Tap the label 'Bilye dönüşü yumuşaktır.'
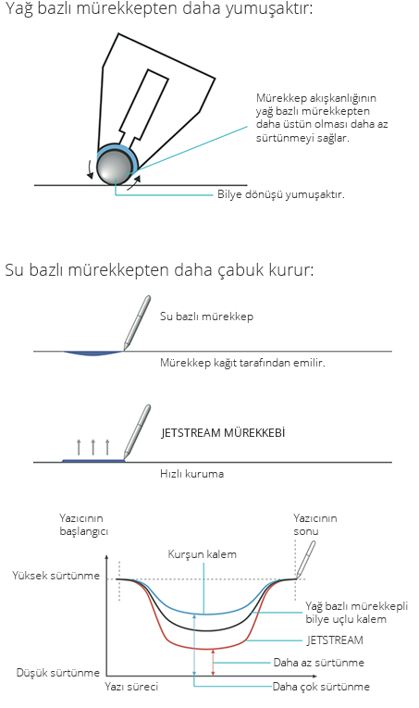click(280, 194)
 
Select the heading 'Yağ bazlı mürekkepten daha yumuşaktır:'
click(159, 9)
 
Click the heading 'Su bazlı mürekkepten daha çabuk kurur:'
click(159, 270)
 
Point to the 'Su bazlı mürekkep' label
click(206, 317)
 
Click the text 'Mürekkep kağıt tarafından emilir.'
click(242, 363)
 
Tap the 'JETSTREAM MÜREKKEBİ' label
click(223, 432)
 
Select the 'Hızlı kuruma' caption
click(192, 474)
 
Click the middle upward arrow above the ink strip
click(92, 447)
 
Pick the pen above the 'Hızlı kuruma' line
click(137, 432)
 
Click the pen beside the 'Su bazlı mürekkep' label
click(137, 323)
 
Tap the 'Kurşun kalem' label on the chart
click(202, 554)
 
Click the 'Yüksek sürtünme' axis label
click(55, 576)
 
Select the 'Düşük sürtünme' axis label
click(57, 673)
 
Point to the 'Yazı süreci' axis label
click(131, 687)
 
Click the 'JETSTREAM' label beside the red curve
click(335, 640)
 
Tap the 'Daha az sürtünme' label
click(319, 663)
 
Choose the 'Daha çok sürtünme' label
click(321, 687)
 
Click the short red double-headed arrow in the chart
click(214, 663)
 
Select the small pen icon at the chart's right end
click(305, 560)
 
